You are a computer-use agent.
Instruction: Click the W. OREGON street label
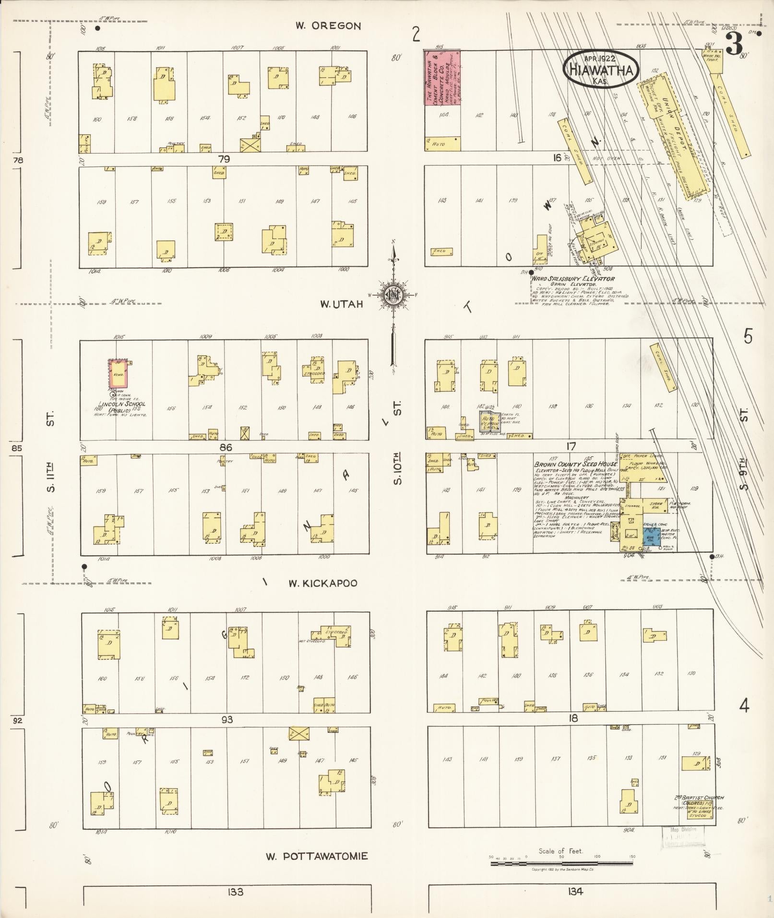[328, 26]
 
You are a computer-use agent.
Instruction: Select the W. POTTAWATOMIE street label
[317, 857]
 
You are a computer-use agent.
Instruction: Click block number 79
[224, 159]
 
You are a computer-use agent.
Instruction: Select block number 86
[226, 447]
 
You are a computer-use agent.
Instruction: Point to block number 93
[227, 719]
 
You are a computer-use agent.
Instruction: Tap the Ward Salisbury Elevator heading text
[572, 278]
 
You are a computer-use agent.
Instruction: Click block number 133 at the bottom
[236, 892]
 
